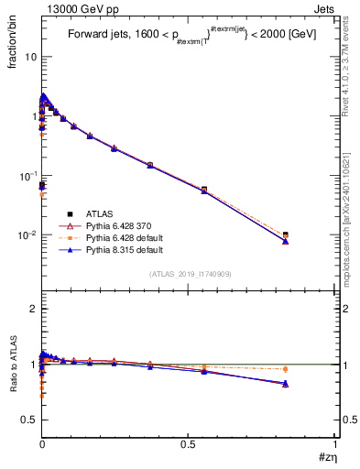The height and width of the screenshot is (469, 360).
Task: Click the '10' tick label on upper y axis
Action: coord(30,57)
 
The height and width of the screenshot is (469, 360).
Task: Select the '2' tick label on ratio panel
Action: coord(34,309)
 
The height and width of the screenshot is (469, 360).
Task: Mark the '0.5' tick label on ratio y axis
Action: coord(28,420)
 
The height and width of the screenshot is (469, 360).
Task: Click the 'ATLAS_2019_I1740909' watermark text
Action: coord(189,274)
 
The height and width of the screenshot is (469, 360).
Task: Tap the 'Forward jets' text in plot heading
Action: coord(100,36)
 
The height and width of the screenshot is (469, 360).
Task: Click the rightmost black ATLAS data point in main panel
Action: coord(286,235)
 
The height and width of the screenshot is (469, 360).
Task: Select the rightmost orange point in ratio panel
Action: coord(286,369)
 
